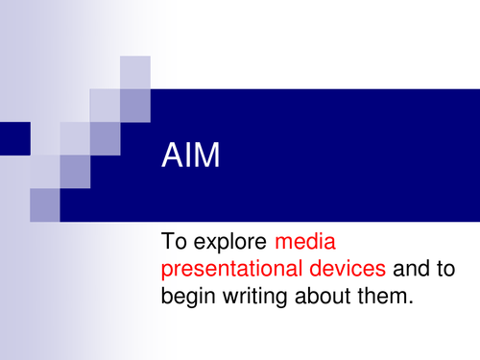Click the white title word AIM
coord(190,156)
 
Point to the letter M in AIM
coord(205,156)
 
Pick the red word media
coord(307,240)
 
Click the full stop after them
coord(418,304)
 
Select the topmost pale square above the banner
coord(135,72)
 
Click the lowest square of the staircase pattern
coord(44,204)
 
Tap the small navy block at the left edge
coord(14,137)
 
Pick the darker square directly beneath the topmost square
coord(135,106)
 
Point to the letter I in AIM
coord(187,156)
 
